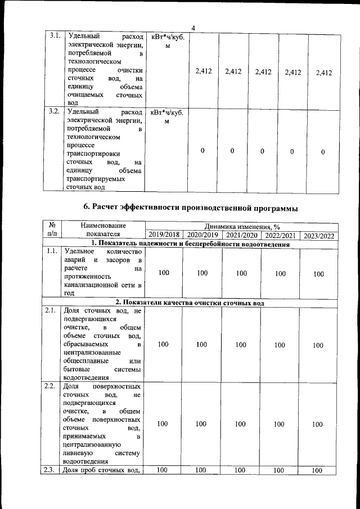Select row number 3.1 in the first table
pyautogui.click(x=55, y=35)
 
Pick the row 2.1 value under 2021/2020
pyautogui.click(x=241, y=345)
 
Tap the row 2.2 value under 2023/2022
pyautogui.click(x=318, y=424)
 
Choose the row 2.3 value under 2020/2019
pyautogui.click(x=201, y=470)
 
